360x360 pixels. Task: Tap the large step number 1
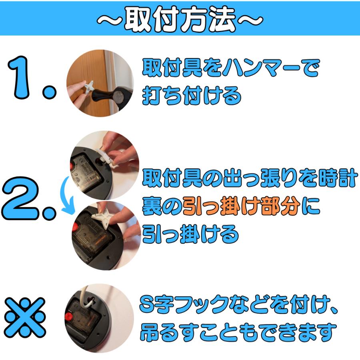point(32,78)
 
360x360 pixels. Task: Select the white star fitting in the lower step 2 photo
point(103,216)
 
